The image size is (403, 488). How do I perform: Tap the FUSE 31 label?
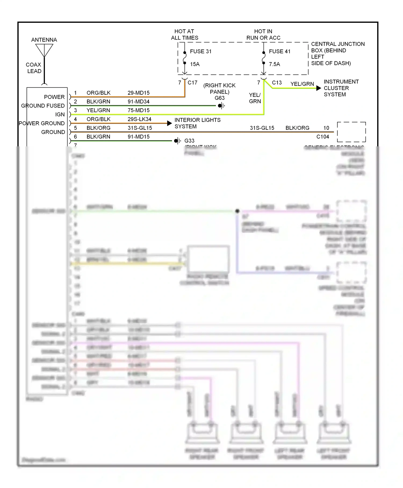point(201,51)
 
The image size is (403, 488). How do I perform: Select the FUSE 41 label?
point(280,51)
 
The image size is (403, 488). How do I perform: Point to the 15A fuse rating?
point(195,64)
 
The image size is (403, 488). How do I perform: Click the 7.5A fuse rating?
point(274,64)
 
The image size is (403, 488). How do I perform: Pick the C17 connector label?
point(192,83)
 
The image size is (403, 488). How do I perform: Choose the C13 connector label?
point(277,83)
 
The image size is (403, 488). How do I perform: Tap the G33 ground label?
point(189,141)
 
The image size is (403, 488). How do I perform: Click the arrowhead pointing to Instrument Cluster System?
point(319,88)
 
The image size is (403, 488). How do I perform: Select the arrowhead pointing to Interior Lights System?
point(169,123)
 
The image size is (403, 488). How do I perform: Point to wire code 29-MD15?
point(139,93)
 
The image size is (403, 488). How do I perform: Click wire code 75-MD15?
point(139,110)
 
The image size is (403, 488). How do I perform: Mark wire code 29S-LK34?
point(139,119)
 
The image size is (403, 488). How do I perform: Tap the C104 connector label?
point(323,137)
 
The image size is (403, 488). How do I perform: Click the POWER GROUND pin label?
point(42,123)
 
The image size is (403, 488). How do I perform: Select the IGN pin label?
point(60,115)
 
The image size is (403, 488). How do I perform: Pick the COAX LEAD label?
point(34,68)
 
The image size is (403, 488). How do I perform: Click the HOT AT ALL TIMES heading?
point(185,35)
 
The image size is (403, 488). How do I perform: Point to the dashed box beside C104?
point(351,132)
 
